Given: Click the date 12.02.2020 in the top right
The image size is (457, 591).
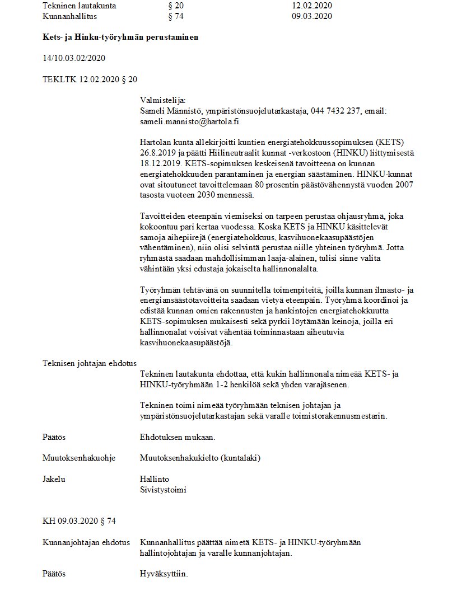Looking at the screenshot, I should [312, 6].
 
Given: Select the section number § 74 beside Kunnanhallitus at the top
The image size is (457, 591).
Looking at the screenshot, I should [176, 16].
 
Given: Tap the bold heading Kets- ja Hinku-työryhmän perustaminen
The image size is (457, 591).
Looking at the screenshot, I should [120, 37].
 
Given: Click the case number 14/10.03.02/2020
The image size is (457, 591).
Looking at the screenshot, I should [74, 58].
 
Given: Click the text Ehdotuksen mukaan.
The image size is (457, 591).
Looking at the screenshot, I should [178, 437].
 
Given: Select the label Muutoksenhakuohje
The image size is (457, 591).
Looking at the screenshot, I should [79, 458].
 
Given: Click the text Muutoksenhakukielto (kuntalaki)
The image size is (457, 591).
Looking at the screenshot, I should [200, 458].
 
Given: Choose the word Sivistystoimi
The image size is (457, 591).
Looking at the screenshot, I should [164, 490].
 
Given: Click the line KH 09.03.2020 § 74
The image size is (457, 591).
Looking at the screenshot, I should [80, 521].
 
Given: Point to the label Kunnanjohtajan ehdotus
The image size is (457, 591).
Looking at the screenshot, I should [86, 542].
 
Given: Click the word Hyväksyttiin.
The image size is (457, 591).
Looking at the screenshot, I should [164, 574].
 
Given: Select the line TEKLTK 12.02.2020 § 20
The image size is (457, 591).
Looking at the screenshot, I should [90, 79].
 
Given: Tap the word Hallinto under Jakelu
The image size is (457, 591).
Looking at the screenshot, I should [155, 479].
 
